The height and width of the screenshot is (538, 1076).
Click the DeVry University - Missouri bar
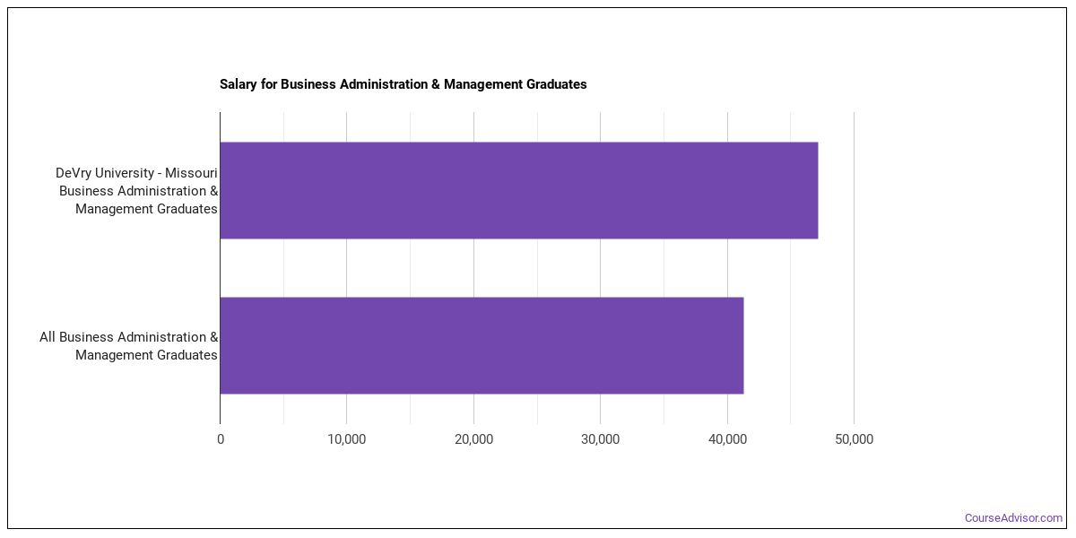click(518, 190)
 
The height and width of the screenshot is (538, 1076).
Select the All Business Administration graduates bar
click(482, 345)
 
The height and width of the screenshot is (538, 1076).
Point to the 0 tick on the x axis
click(221, 439)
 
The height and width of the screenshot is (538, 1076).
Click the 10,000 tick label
click(347, 439)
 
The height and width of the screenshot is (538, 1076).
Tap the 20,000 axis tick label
click(473, 439)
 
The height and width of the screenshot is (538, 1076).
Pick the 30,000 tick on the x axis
click(600, 439)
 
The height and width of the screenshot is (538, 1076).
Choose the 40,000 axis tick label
click(727, 439)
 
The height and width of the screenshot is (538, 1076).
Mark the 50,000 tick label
click(854, 439)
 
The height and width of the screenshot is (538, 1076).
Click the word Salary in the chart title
click(239, 84)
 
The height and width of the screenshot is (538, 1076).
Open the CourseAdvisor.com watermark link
click(1013, 518)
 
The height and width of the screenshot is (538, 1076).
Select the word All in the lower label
click(48, 337)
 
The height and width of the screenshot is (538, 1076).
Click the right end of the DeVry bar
click(816, 190)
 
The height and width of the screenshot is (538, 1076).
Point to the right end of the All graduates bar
click(742, 345)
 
